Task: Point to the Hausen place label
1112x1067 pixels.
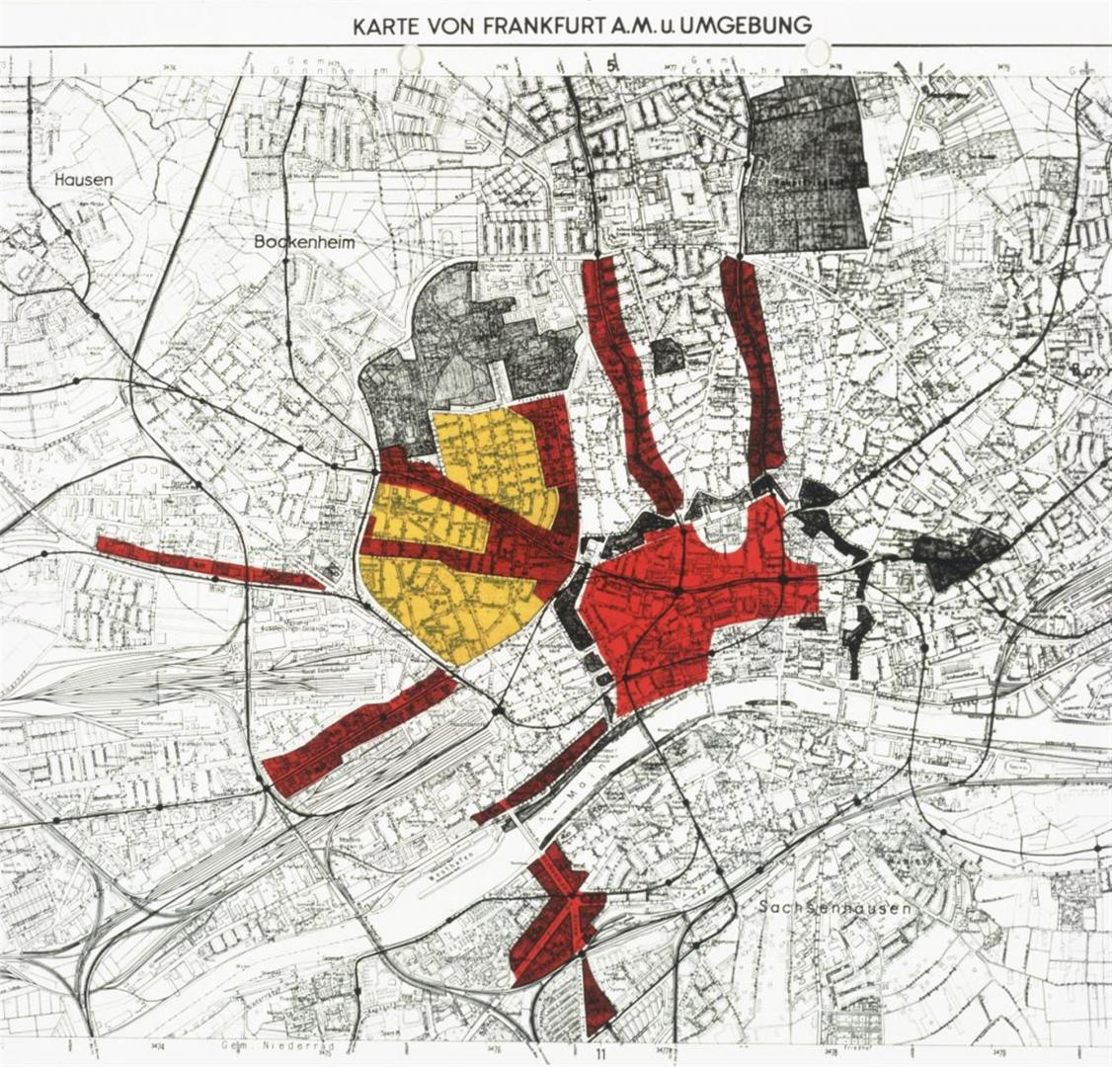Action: coord(84,180)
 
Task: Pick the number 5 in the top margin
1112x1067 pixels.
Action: coord(613,65)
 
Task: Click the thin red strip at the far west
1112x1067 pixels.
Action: coord(207,562)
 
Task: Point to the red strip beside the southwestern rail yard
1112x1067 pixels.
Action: coord(360,731)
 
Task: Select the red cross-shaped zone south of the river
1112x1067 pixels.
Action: coord(558,914)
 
